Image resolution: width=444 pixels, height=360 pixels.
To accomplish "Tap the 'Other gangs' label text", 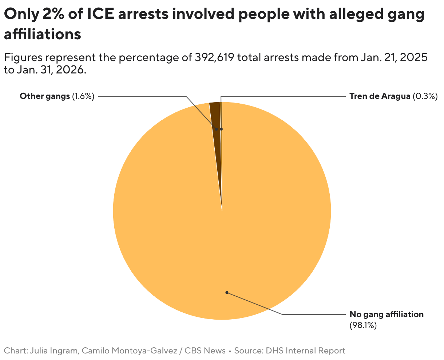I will [x=44, y=96].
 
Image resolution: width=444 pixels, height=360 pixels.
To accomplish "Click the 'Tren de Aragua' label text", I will [x=380, y=96].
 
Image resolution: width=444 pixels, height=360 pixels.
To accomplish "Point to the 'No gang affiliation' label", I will [x=386, y=314].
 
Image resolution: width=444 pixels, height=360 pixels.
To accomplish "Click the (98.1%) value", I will [x=363, y=325].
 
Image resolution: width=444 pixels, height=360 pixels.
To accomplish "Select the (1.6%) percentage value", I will [x=83, y=96].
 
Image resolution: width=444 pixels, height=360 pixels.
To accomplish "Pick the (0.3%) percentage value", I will [x=425, y=96].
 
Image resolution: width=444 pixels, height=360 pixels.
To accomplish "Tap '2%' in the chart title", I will [x=53, y=15].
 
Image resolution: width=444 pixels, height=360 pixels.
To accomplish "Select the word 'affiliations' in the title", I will [x=42, y=34].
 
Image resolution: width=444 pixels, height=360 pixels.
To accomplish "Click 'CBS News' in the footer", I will [x=205, y=351].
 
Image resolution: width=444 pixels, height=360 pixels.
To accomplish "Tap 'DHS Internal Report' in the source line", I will [x=305, y=351].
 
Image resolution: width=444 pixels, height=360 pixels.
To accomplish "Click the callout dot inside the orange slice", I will [x=227, y=292].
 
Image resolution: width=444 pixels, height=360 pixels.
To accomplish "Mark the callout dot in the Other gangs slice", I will [x=217, y=129].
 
